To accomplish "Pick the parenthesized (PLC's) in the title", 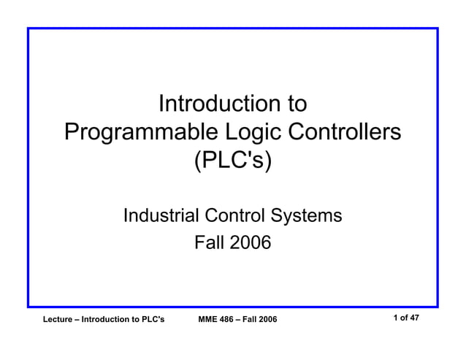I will click(232, 161).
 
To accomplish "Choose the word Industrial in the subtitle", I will click(161, 215).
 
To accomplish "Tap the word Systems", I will click(307, 215).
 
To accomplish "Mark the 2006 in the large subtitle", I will click(251, 242).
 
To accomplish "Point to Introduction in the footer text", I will click(110, 320).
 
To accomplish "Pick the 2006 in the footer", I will click(268, 320).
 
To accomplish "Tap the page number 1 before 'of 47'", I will click(395, 318).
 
